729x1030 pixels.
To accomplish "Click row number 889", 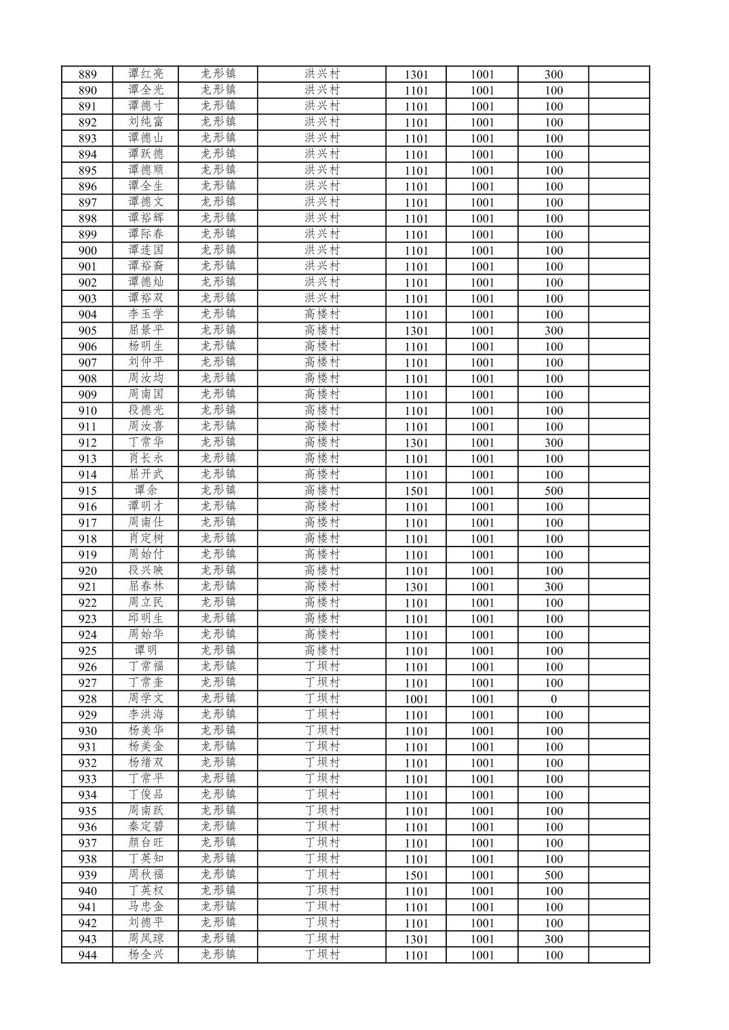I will [x=87, y=75].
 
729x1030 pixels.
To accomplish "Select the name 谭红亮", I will [x=146, y=74].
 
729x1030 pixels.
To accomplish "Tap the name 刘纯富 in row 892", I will [x=146, y=122].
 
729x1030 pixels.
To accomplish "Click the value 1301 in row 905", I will [x=416, y=331].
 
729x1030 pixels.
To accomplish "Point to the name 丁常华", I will [x=146, y=442].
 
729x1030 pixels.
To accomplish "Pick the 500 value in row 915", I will [x=553, y=491].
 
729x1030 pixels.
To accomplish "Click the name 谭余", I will [x=146, y=490].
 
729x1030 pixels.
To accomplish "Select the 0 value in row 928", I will [x=553, y=699].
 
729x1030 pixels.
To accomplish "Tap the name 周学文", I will [x=146, y=698].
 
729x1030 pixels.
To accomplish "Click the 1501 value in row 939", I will [x=416, y=875].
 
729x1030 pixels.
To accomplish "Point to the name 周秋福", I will [x=146, y=875].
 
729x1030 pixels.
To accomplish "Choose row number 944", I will [x=87, y=955].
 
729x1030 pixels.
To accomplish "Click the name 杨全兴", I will [x=146, y=955].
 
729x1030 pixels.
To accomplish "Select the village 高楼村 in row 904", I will [x=322, y=314].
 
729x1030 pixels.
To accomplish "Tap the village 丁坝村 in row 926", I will [x=322, y=667].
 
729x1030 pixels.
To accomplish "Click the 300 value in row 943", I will [x=553, y=939].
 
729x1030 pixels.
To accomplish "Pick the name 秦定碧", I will [x=146, y=827].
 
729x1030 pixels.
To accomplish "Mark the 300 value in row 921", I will [x=553, y=587].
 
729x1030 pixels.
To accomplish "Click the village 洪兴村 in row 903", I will [x=322, y=298].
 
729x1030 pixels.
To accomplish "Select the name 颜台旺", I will [x=146, y=843].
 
